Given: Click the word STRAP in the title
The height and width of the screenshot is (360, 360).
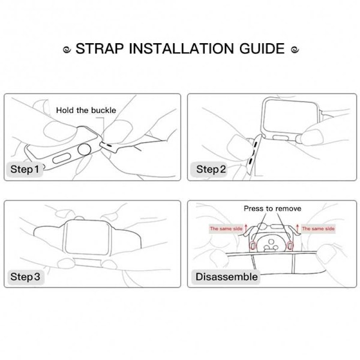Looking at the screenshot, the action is coord(100,49).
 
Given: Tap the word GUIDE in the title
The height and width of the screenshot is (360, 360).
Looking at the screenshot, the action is coord(262,49).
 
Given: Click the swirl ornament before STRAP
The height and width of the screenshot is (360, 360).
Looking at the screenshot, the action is coord(67,49).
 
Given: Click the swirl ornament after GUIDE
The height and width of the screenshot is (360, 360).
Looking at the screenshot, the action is coord(295,49).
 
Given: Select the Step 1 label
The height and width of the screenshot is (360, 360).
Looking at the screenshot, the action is coord(25,169).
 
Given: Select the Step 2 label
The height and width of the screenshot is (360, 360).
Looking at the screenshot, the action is coord(211,169).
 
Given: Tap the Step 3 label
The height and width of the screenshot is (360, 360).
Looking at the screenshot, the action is coord(25,277).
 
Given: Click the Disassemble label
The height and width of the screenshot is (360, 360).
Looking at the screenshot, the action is coord(226,277).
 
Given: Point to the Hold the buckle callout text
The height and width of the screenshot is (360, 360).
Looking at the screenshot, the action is coord(86,110).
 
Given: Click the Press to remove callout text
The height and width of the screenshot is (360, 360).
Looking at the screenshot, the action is coord(272,208).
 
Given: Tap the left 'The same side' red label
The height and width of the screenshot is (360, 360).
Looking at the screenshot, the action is coord(226,229).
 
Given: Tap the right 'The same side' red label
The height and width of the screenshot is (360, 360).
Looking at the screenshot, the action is coord(318,229).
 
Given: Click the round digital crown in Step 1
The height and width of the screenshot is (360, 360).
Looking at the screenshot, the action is coord(84,149).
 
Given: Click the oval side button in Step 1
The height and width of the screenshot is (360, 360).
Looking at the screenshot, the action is coord(62,158).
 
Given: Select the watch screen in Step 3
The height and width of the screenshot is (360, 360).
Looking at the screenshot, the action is coord(87,237).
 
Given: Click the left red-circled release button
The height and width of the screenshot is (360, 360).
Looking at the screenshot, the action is coord(253,245).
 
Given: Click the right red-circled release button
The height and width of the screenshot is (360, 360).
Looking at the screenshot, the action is coord(290,245).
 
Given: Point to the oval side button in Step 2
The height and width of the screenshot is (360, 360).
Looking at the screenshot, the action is coord(280,137).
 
